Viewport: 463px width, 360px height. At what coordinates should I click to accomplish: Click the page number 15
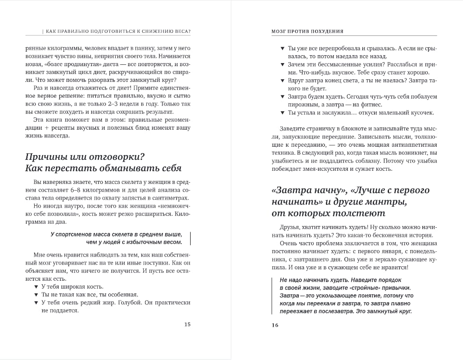point(187,325)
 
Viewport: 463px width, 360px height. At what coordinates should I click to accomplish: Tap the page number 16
point(275,325)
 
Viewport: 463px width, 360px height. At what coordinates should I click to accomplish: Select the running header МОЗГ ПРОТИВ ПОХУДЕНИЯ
point(307,31)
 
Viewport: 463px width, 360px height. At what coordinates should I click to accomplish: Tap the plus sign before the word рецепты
point(46,128)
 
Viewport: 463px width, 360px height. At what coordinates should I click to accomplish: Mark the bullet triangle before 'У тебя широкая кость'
point(36,286)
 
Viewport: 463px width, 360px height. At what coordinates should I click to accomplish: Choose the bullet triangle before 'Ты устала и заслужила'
point(283,113)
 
